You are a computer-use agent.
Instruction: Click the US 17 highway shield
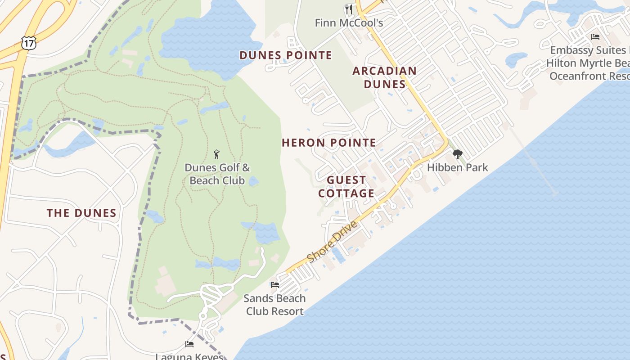28,44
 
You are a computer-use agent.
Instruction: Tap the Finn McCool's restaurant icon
349,9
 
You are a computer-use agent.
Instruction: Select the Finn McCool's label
349,22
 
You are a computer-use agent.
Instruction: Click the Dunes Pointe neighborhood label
286,55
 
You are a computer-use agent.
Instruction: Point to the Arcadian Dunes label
384,77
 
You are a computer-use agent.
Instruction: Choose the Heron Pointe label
329,143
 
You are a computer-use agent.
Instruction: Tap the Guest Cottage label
346,187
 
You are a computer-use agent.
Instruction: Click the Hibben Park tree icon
458,155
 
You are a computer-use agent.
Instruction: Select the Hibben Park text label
457,167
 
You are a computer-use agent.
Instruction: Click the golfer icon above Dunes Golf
217,155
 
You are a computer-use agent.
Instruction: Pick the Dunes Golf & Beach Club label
217,174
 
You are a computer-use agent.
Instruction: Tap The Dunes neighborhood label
81,213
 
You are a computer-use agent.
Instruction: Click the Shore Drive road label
333,242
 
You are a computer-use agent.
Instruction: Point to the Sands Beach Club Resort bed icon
274,285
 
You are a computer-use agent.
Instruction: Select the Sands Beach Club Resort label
274,305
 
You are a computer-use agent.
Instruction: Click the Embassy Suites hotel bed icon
595,37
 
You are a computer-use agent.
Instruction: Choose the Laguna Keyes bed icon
189,344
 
